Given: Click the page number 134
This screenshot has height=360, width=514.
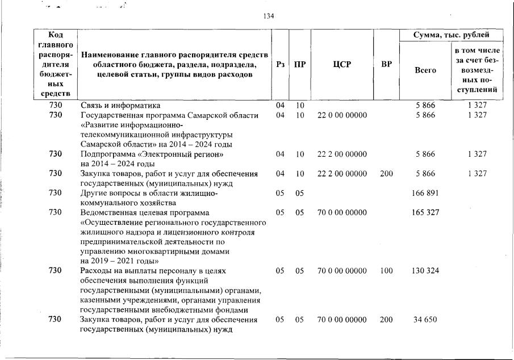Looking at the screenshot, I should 269,16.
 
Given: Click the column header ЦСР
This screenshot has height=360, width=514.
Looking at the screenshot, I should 342,64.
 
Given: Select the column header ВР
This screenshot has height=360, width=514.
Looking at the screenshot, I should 386,64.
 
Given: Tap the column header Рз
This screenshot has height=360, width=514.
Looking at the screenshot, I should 279,64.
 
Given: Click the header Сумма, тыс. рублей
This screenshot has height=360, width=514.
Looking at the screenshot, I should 450,35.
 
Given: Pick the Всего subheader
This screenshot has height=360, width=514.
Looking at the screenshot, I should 425,70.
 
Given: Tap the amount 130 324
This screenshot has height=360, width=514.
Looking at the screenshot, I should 425,271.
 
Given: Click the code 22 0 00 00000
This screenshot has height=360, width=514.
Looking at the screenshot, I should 342,115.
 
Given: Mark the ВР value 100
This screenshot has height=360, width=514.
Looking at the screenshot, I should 386,271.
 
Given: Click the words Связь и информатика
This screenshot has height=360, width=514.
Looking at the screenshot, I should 120,106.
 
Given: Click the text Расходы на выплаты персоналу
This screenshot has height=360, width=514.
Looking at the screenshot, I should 137,271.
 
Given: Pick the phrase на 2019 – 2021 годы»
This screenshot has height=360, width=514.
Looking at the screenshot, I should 119,261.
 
